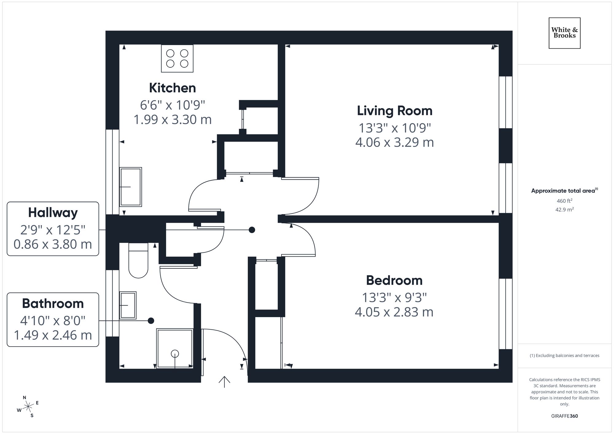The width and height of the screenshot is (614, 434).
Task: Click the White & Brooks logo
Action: [x=564, y=33]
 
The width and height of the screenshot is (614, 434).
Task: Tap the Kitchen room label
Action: [x=173, y=88]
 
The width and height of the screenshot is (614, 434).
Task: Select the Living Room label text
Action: [x=394, y=111]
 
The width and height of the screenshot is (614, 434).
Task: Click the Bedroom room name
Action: [x=394, y=280]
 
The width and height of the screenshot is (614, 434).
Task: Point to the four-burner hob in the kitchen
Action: [x=177, y=59]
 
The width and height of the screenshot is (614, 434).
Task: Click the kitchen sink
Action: [x=130, y=187]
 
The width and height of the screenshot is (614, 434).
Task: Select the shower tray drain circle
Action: [x=175, y=354]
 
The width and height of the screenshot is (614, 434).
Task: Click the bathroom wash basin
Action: [x=128, y=305]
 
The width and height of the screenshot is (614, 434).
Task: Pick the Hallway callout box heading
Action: [x=53, y=213]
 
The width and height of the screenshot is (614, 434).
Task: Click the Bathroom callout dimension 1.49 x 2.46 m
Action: [x=53, y=335]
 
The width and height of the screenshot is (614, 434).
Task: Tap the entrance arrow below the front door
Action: [x=224, y=382]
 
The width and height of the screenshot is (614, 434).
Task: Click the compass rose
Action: [x=28, y=407]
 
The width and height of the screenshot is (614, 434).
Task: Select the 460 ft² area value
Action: [x=564, y=201]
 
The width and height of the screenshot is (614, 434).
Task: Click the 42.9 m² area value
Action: [x=564, y=210]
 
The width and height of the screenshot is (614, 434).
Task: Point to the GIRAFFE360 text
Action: [x=564, y=416]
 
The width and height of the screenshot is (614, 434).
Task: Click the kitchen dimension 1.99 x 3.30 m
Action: [x=173, y=120]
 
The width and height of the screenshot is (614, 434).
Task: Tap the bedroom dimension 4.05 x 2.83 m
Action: [x=394, y=312]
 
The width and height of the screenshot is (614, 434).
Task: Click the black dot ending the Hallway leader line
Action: [x=252, y=230]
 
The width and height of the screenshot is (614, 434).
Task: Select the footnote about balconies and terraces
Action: [x=564, y=356]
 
